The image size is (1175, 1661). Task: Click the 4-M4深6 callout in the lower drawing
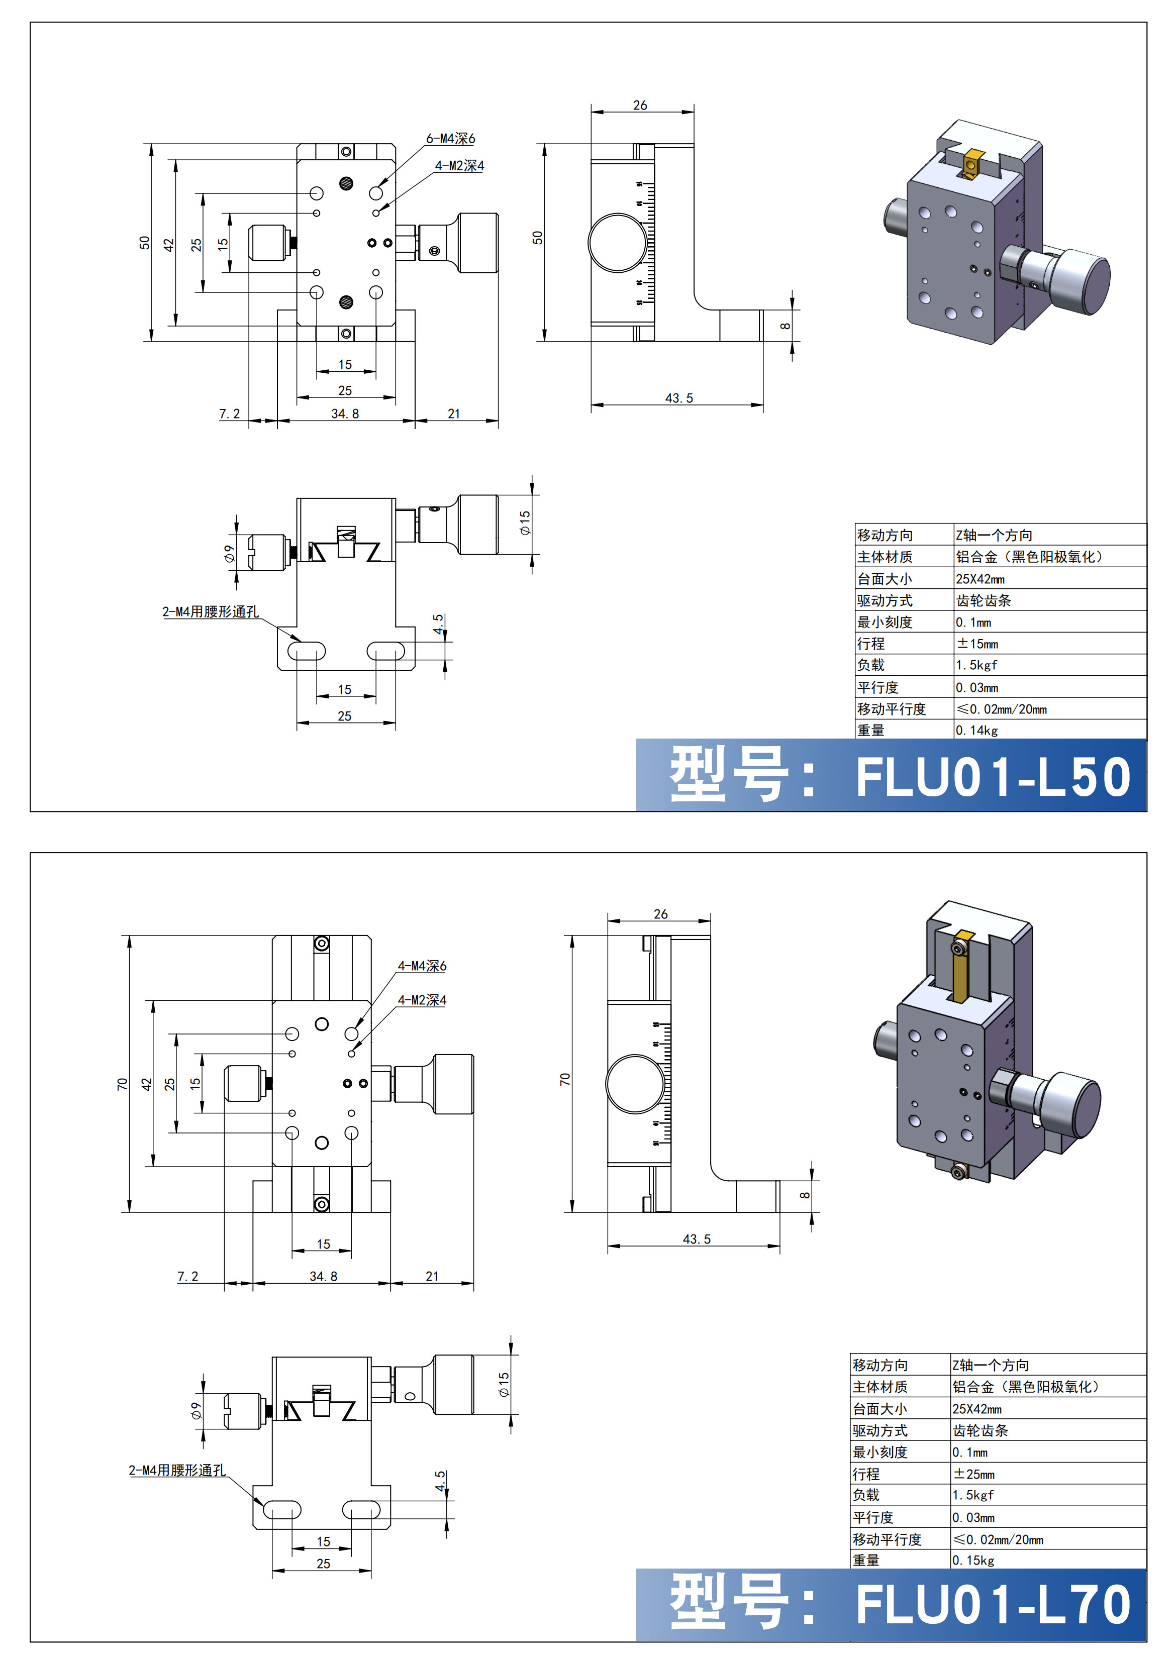pos(422,966)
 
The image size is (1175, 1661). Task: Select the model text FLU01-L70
pos(993,1605)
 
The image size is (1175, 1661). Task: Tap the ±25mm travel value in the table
pos(974,1474)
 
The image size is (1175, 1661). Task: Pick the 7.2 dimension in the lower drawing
pos(187,1276)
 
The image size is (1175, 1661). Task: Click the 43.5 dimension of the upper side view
pos(678,398)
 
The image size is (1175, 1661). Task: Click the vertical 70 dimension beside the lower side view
pos(565,1079)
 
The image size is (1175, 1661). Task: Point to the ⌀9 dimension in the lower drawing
pos(196,1411)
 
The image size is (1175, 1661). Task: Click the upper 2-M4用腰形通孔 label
pos(210,611)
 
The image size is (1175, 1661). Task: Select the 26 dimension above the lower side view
pos(660,914)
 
